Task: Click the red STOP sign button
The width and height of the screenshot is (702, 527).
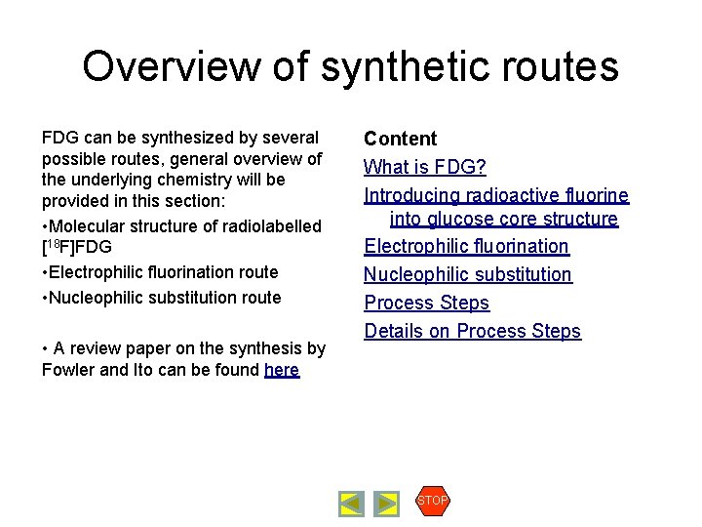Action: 432,501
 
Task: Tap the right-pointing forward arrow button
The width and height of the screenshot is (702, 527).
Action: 387,504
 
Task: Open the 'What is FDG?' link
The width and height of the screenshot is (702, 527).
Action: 424,167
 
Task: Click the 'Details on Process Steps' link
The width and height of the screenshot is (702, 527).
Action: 472,331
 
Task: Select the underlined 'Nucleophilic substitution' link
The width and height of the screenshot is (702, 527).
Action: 468,275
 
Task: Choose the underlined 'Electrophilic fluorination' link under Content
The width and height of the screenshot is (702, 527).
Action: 466,246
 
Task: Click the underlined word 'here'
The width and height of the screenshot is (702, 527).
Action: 282,370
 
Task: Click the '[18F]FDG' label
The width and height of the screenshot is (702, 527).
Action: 77,247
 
